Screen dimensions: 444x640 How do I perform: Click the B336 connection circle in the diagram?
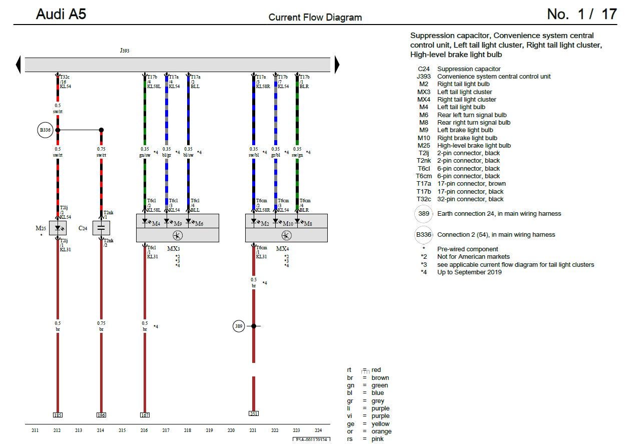click(x=45, y=130)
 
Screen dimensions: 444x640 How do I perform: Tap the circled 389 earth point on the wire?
click(x=239, y=326)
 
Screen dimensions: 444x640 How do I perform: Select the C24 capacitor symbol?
click(x=101, y=228)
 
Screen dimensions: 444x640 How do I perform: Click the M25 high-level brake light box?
click(x=58, y=228)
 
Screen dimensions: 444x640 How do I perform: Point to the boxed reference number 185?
click(x=58, y=415)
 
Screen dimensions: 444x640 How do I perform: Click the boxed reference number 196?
click(x=101, y=415)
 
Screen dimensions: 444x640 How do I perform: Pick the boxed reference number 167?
click(x=145, y=415)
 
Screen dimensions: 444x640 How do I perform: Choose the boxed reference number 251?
click(x=253, y=413)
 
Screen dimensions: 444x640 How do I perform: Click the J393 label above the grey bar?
click(x=125, y=51)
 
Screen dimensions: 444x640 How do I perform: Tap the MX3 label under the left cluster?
click(x=174, y=249)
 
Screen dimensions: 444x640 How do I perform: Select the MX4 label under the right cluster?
click(x=282, y=249)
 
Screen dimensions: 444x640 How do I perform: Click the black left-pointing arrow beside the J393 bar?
click(x=19, y=65)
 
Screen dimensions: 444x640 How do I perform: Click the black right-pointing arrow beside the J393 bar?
click(x=337, y=65)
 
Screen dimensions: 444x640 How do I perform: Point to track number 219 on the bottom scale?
click(x=209, y=430)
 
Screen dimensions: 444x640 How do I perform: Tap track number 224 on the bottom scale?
click(x=318, y=430)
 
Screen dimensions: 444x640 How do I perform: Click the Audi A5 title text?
click(x=61, y=14)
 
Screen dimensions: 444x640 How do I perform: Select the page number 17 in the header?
click(x=609, y=14)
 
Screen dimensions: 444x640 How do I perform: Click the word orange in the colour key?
click(x=381, y=431)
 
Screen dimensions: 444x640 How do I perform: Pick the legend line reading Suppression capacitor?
click(x=469, y=69)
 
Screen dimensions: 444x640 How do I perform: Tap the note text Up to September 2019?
click(x=469, y=272)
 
